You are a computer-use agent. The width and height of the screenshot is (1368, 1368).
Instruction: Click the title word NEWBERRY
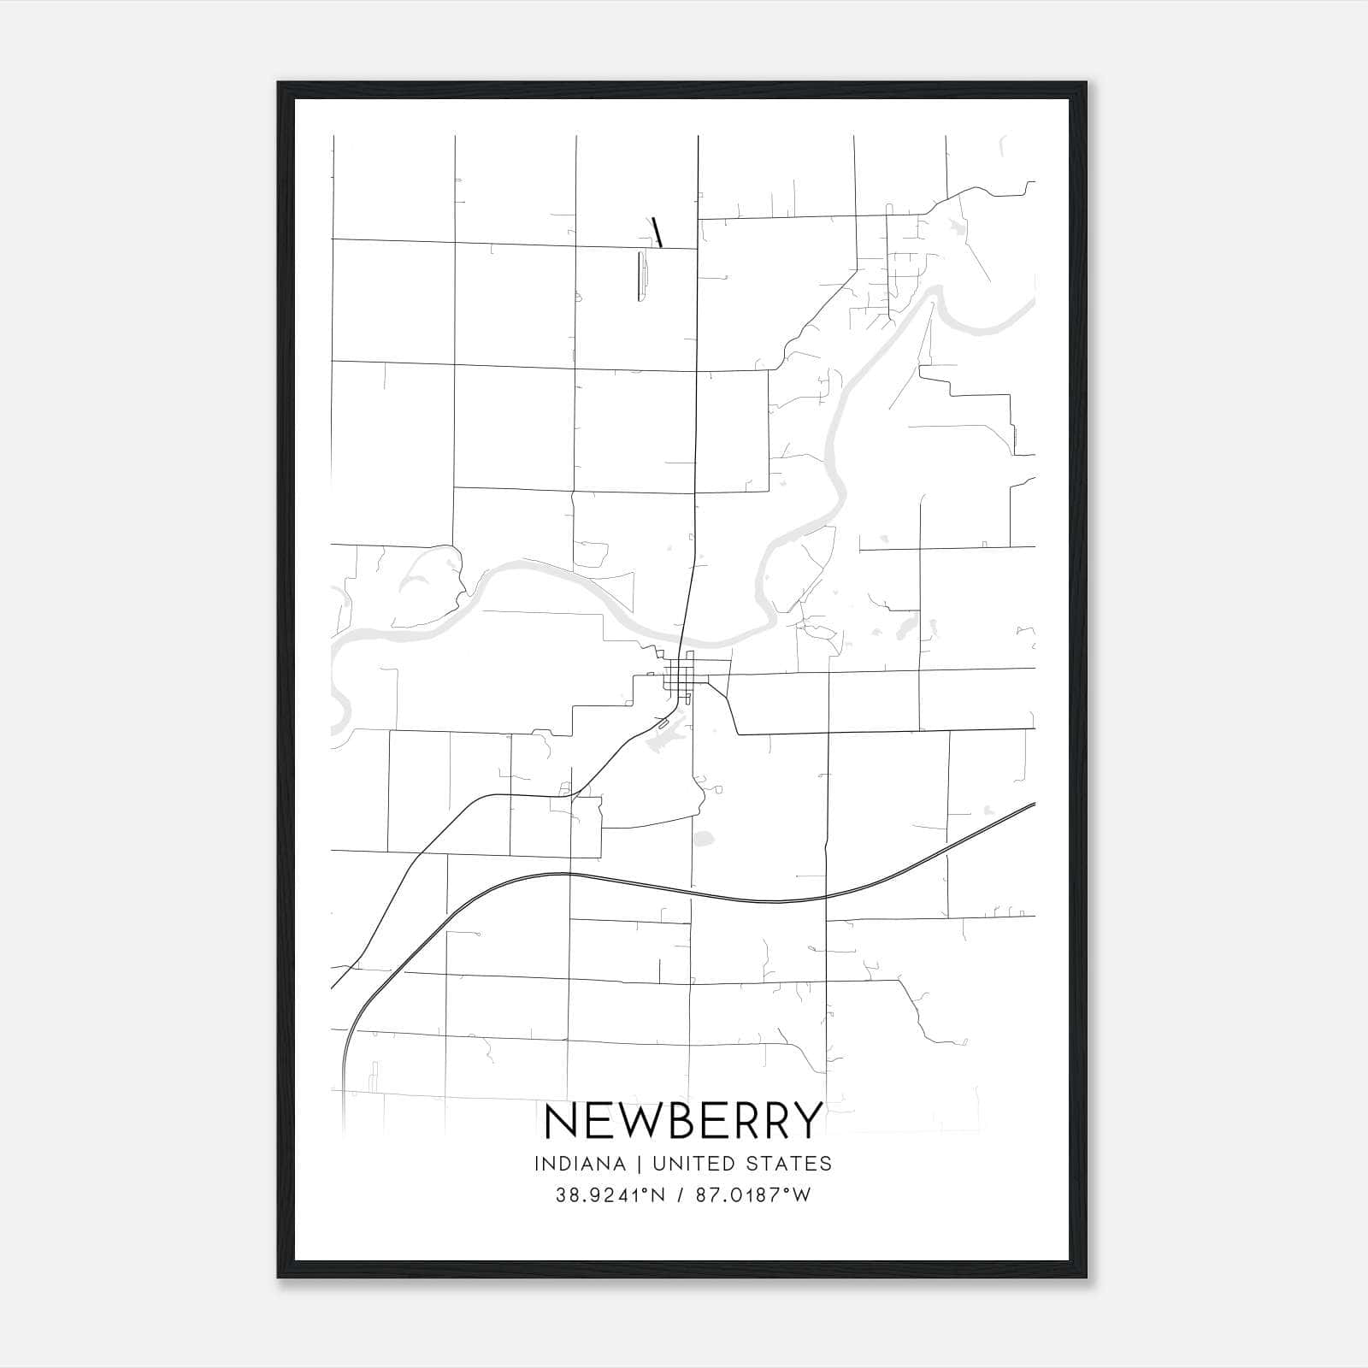[683, 1120]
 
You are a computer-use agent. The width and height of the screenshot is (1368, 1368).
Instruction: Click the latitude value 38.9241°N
[610, 1195]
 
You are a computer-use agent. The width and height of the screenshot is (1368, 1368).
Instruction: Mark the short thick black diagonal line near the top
[657, 232]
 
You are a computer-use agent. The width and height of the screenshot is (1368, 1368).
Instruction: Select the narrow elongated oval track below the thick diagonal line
[641, 276]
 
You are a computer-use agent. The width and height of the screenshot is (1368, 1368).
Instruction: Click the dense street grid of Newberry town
[681, 681]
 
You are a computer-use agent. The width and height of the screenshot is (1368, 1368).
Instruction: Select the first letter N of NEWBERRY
[560, 1120]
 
